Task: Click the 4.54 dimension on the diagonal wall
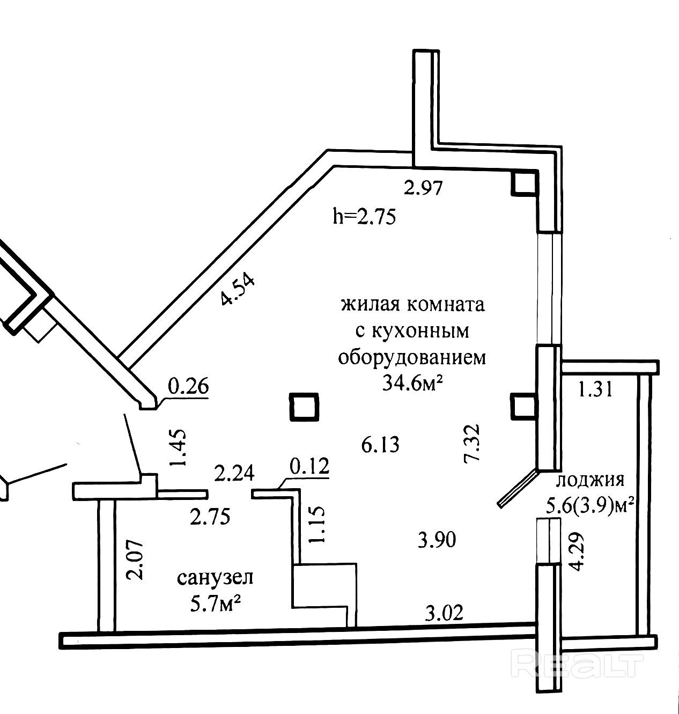click(238, 290)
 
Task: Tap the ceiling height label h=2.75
click(364, 218)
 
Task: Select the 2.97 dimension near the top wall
click(423, 188)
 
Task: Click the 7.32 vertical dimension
click(472, 443)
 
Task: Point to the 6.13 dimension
click(380, 445)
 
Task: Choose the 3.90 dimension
click(437, 540)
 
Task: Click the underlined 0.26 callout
click(188, 386)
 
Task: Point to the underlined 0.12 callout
click(309, 466)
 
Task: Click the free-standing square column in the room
click(304, 407)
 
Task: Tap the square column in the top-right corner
click(523, 184)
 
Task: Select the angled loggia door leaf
click(517, 488)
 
